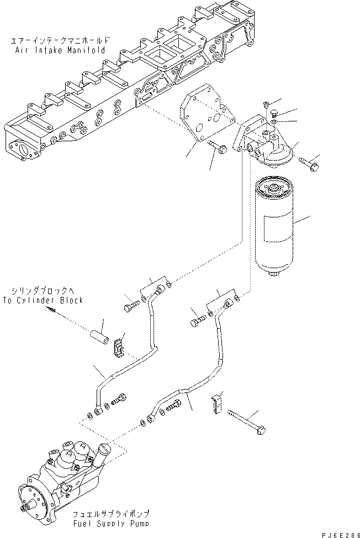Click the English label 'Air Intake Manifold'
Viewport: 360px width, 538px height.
click(60, 50)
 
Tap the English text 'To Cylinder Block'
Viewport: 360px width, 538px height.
click(43, 300)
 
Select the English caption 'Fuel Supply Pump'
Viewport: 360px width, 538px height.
click(110, 524)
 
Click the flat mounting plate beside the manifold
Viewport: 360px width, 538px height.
click(207, 112)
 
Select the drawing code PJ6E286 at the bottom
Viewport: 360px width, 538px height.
click(340, 535)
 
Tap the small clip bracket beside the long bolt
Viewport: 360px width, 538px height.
click(215, 404)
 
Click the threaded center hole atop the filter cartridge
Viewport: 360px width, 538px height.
click(274, 188)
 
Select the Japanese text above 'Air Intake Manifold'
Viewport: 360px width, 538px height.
click(60, 41)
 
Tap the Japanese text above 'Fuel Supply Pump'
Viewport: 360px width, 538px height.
click(111, 514)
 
